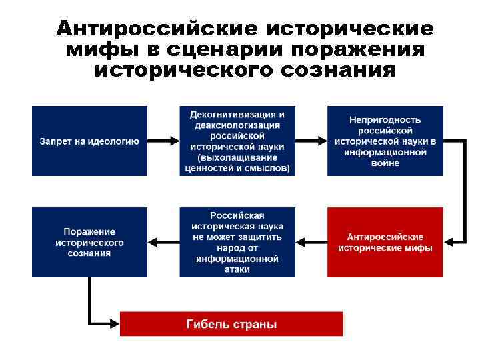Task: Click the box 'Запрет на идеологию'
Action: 89,141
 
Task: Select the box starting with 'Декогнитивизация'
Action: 237,141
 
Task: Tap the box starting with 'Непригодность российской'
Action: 385,141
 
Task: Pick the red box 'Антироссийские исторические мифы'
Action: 385,242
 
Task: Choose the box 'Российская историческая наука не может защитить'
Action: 237,242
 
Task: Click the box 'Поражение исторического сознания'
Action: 89,242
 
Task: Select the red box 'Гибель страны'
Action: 231,325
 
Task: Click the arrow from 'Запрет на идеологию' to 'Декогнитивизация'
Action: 163,141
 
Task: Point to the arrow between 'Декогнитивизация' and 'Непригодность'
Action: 311,141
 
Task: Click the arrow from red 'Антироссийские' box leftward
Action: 311,242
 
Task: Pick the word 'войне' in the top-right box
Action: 385,163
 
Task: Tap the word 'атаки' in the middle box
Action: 237,269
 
